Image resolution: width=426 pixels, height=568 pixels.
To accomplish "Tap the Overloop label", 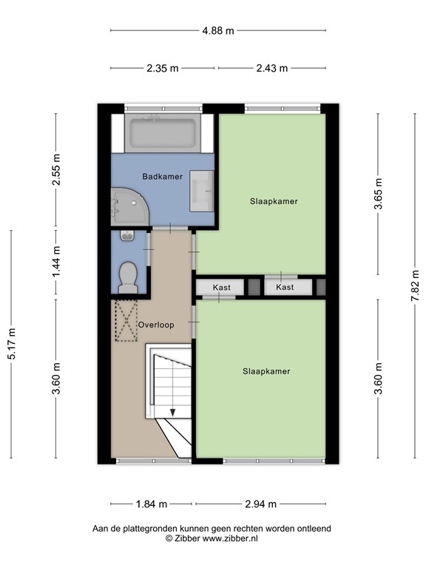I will tap(156, 325).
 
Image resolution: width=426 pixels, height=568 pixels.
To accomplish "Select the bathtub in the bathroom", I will tap(162, 134).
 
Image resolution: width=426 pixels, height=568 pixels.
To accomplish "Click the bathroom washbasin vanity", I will tap(201, 191).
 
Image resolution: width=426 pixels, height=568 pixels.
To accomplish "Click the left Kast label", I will tap(221, 287).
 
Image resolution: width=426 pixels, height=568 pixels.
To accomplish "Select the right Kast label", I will tap(285, 287).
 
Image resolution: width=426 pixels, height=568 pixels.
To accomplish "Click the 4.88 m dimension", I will tap(219, 31).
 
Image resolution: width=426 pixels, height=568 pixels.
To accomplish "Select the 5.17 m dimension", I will tap(11, 346).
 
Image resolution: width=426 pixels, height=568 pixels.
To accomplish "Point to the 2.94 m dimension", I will tap(261, 504).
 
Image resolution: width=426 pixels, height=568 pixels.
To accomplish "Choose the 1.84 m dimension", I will tap(152, 504).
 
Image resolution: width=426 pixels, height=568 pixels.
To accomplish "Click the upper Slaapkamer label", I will tap(274, 200).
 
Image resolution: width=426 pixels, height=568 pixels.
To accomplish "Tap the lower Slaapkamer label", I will tap(266, 371).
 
